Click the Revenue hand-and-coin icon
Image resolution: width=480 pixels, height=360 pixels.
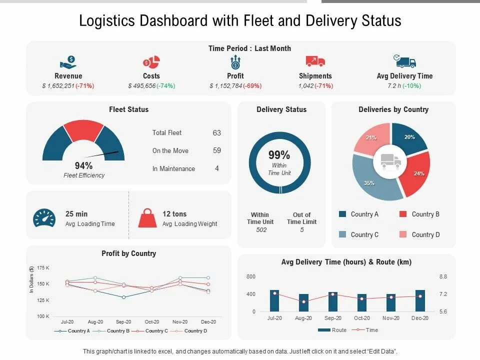coord(68,62)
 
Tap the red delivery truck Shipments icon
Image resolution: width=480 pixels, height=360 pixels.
coord(315,61)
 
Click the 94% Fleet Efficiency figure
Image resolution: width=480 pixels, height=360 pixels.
coord(83,165)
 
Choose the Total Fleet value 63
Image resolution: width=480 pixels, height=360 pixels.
coord(216,133)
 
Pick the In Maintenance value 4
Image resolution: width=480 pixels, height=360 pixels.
coord(217,169)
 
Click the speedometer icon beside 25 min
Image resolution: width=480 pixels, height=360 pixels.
coord(44,218)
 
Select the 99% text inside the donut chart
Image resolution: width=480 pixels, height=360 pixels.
coord(279,155)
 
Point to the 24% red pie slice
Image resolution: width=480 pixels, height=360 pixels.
coord(417,172)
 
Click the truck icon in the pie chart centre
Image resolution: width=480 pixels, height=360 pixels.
coord(391,161)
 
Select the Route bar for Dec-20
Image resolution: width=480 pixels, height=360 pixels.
coord(420,300)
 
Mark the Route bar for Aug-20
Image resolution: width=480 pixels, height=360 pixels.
coord(304,302)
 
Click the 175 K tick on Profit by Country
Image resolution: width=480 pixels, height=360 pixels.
coord(43,268)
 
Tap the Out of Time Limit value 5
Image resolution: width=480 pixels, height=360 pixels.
coord(301,230)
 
